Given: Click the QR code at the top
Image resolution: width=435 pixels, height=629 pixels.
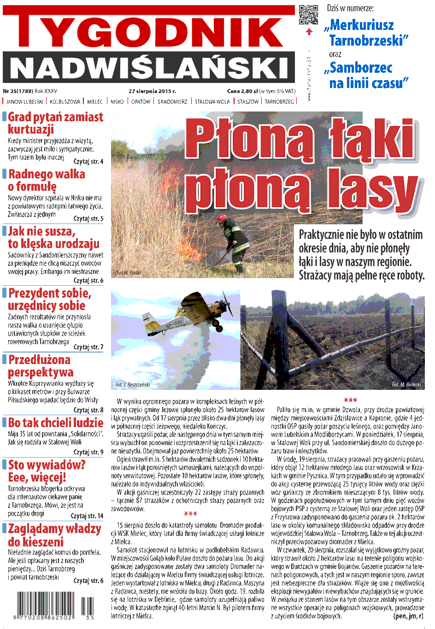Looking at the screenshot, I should point(308,14).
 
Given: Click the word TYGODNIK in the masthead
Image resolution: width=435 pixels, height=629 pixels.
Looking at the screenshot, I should point(148,31).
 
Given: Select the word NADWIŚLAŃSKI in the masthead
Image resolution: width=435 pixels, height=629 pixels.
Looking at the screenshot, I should point(148,67).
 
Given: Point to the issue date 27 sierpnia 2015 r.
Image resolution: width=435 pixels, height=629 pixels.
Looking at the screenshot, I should point(152,91).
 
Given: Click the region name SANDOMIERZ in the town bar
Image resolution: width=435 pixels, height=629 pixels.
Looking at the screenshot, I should point(172,101).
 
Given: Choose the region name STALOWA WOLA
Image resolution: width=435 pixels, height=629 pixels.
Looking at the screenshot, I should point(212,101).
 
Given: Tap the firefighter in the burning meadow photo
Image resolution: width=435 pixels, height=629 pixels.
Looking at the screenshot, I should point(233,244).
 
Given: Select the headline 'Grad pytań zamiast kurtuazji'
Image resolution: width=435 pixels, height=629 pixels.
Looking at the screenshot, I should point(55,123).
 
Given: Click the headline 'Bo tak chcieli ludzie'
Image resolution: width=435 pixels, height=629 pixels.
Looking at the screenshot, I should point(56,423).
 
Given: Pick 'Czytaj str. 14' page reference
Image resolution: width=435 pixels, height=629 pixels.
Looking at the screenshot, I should point(87,516).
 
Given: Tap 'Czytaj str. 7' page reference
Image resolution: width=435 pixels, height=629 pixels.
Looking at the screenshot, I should point(88,347).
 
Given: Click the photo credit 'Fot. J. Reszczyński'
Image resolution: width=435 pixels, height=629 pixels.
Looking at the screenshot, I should point(133,384).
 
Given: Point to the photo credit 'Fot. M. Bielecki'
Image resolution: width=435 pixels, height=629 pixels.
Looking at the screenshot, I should point(406,384).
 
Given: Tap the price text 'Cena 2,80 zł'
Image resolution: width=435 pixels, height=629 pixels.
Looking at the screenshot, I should point(242,91).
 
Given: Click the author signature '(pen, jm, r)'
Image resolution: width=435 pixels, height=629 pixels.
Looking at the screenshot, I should point(408,616).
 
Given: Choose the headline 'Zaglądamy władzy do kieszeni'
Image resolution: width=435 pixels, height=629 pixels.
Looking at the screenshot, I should point(54,535).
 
